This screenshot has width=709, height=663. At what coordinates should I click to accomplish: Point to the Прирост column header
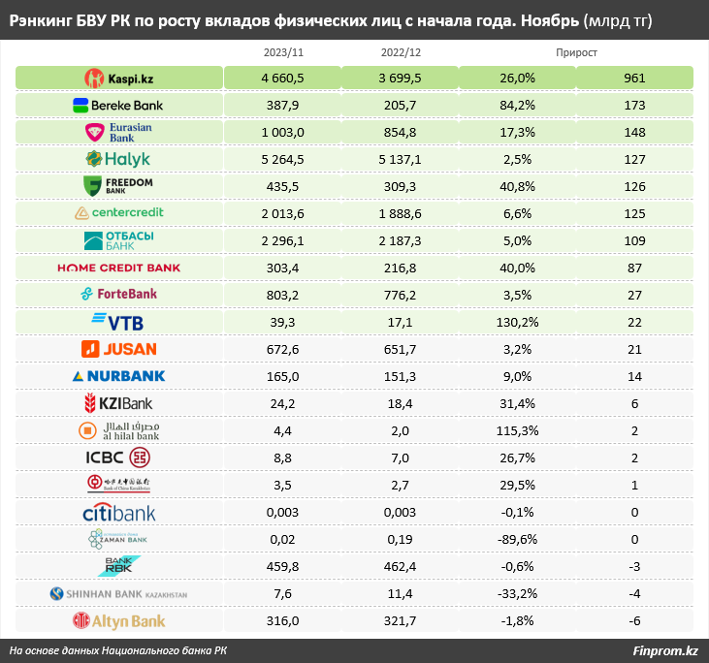[x=577, y=52]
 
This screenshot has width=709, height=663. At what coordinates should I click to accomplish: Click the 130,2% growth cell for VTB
[x=516, y=322]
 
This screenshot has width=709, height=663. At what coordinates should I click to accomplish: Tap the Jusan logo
[x=119, y=348]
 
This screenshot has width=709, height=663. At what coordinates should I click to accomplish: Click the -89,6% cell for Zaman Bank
[x=516, y=539]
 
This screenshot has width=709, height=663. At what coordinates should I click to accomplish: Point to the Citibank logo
[x=119, y=512]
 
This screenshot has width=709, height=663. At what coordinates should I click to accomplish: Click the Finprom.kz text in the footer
[x=664, y=650]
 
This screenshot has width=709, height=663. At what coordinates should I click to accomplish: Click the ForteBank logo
[x=119, y=294]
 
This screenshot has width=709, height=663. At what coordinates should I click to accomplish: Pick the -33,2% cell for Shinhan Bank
[x=516, y=593]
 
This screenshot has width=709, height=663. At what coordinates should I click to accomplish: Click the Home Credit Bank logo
[x=119, y=268]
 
